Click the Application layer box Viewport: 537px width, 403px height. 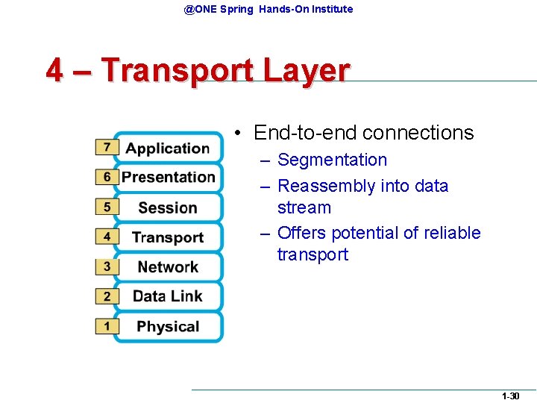[x=168, y=148]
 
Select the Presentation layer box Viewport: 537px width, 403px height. [x=168, y=177]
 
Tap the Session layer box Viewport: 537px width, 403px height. [x=168, y=207]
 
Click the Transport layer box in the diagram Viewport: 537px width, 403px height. [x=168, y=237]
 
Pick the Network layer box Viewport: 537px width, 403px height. [x=168, y=266]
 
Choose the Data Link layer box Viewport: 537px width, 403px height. [x=168, y=296]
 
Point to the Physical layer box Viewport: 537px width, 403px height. [x=168, y=326]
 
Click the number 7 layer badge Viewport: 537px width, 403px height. [x=107, y=147]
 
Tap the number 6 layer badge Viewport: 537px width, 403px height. [x=107, y=177]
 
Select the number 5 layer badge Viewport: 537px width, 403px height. [x=107, y=207]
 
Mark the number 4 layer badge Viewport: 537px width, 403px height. [x=107, y=237]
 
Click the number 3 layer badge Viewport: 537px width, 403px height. [x=107, y=266]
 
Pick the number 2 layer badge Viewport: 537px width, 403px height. [x=107, y=296]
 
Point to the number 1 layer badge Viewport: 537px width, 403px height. [x=107, y=326]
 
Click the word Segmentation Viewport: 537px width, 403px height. [x=332, y=160]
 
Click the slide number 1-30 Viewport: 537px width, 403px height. [x=511, y=396]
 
